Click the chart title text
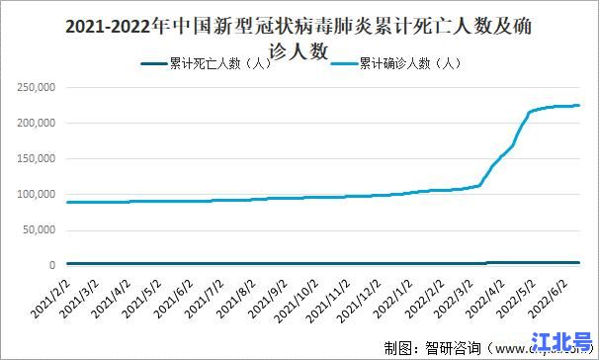tap(299, 37)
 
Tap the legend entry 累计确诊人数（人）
tap(406, 63)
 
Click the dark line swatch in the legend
tap(155, 63)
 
